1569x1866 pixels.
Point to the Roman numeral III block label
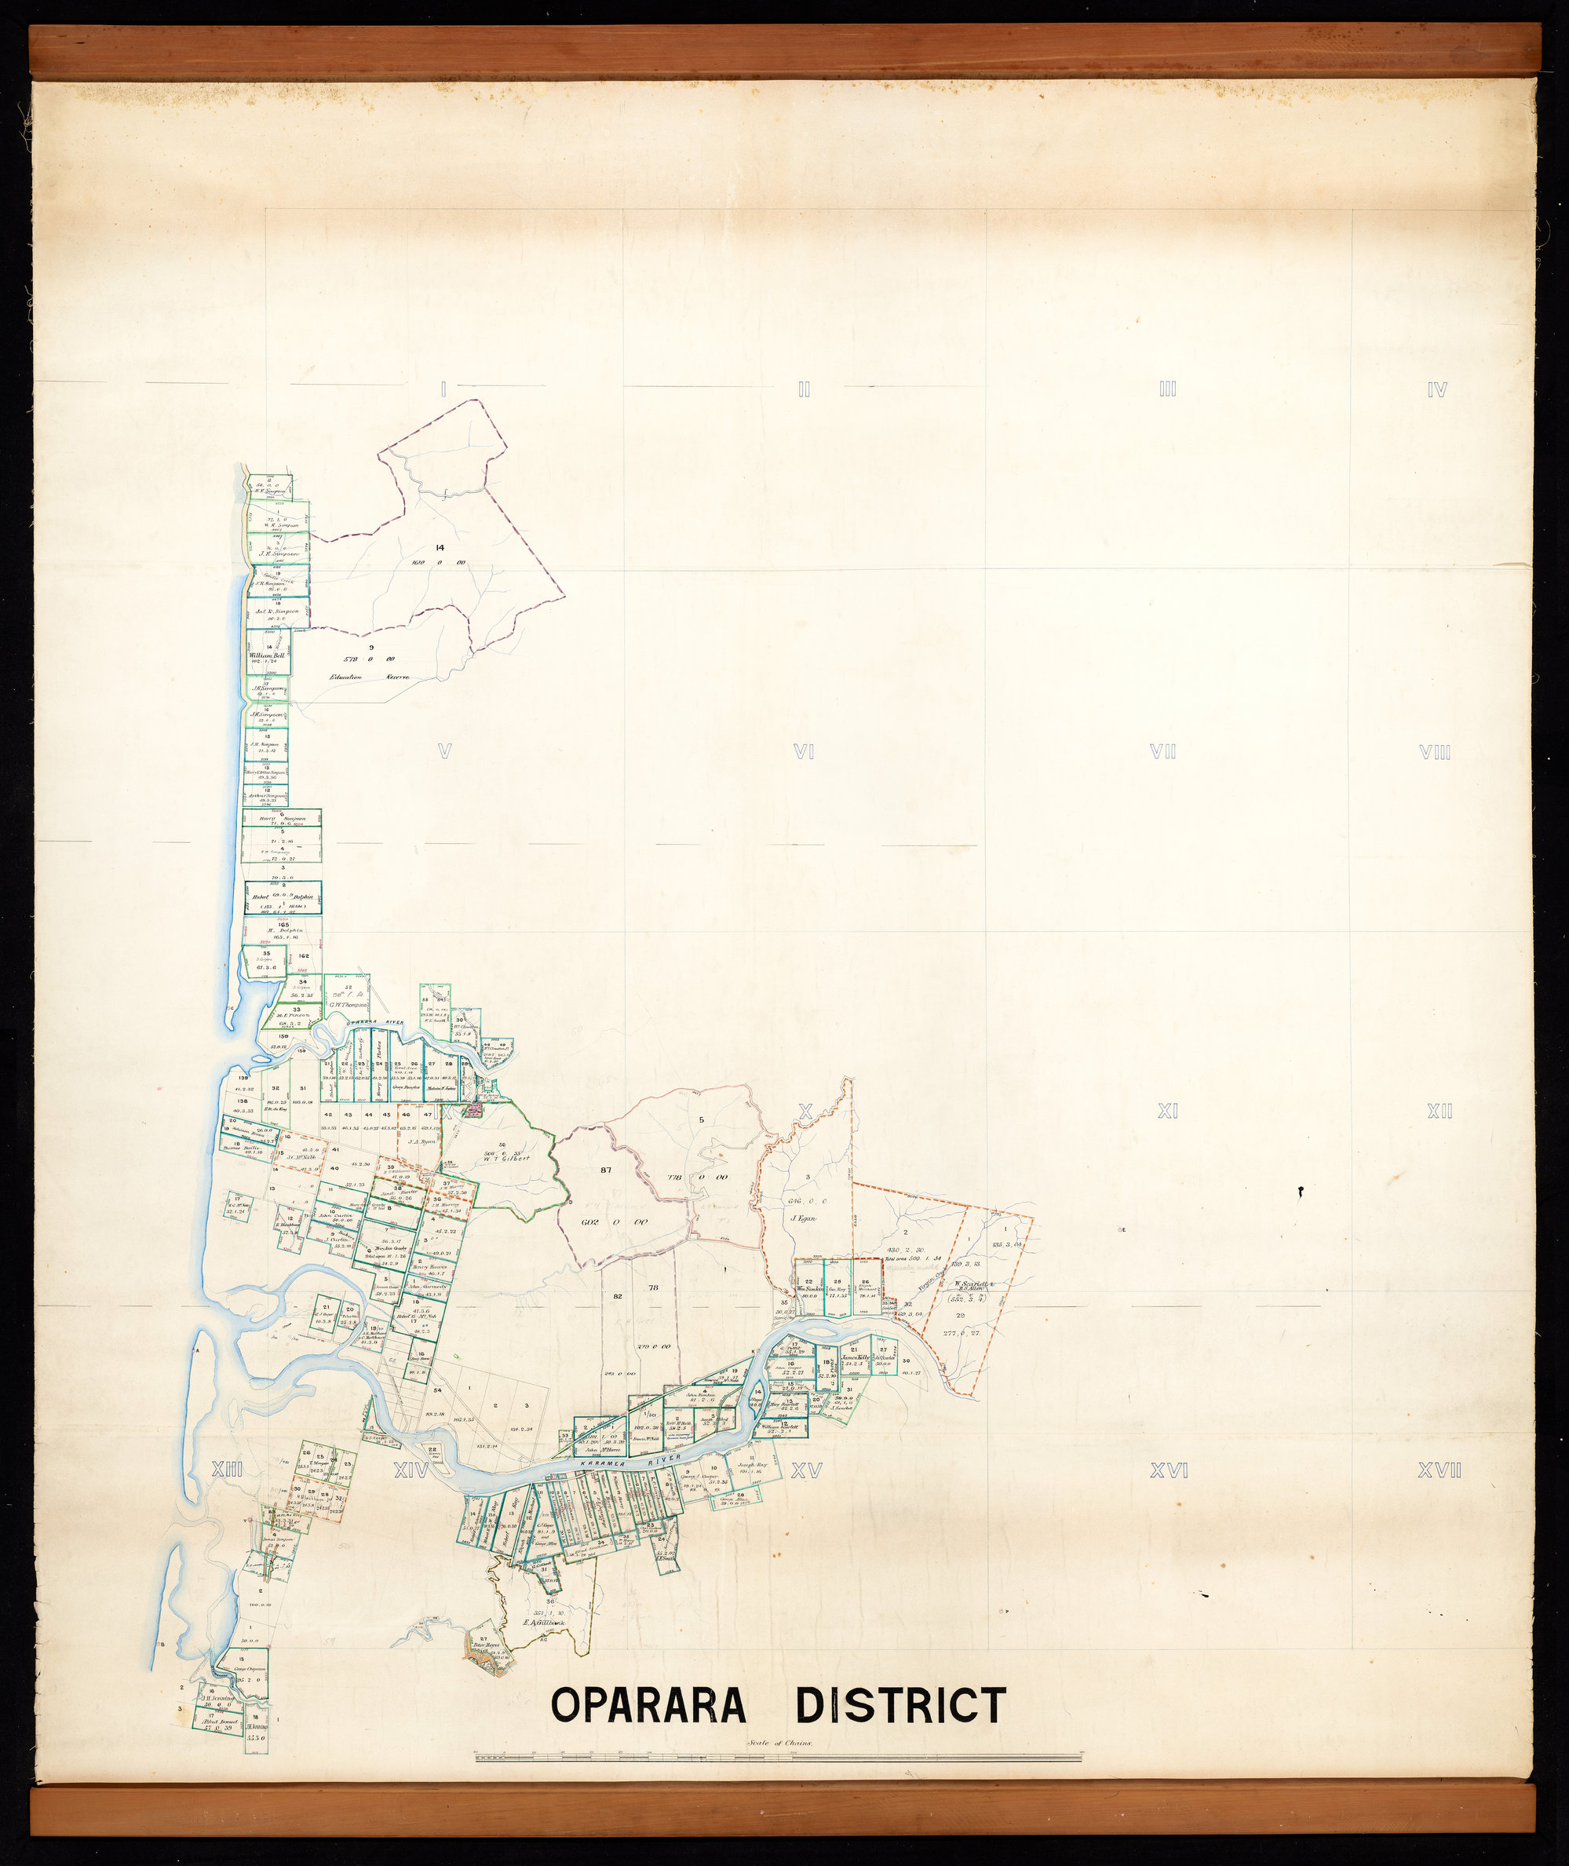point(1167,389)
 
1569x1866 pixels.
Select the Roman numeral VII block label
point(1162,751)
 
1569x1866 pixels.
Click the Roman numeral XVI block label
point(1169,1471)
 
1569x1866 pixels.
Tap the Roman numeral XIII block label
point(227,1470)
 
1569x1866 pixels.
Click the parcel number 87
point(606,1170)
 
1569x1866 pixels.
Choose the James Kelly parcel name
point(855,1357)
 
